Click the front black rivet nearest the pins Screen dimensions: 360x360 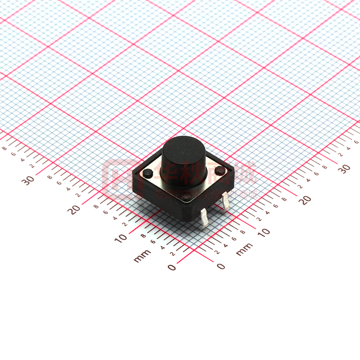pos(186,199)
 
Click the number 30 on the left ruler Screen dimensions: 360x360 pos(29,180)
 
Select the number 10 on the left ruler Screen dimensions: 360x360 pos(121,237)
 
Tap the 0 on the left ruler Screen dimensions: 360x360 pos(171,267)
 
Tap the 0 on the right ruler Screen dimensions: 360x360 pos(221,267)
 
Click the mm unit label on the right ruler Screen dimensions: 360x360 pos(244,249)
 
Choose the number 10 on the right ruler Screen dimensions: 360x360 pos(263,232)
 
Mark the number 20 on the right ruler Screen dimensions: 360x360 pos(306,200)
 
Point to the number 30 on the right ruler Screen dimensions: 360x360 pos(344,169)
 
